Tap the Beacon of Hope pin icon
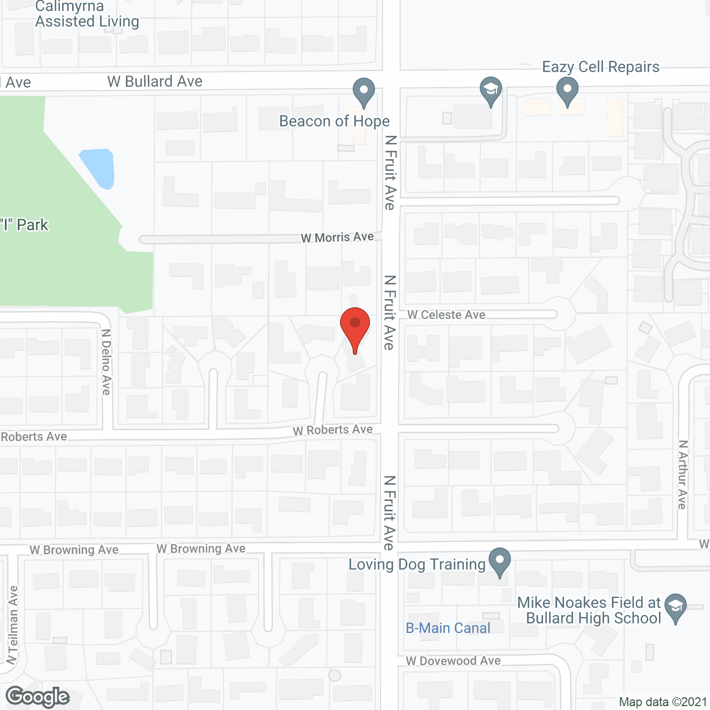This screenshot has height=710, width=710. click(364, 92)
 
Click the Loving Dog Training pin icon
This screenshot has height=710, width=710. click(500, 561)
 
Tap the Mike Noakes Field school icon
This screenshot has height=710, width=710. click(676, 607)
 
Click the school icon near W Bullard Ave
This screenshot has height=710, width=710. click(491, 91)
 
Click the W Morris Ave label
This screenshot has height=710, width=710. click(337, 237)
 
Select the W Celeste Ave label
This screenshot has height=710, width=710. click(447, 315)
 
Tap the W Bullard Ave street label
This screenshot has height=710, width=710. click(155, 82)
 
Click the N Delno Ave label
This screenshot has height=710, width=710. click(106, 362)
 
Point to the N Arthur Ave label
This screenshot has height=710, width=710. click(682, 474)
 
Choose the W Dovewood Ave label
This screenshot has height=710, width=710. click(453, 661)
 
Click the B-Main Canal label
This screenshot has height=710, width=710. click(448, 628)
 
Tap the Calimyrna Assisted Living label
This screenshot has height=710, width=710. click(87, 14)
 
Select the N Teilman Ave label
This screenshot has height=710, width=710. click(12, 625)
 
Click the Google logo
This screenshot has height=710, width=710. click(38, 697)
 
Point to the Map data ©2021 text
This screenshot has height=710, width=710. click(663, 702)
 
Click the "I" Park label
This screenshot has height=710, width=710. click(24, 225)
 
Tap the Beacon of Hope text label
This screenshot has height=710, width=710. click(334, 121)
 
